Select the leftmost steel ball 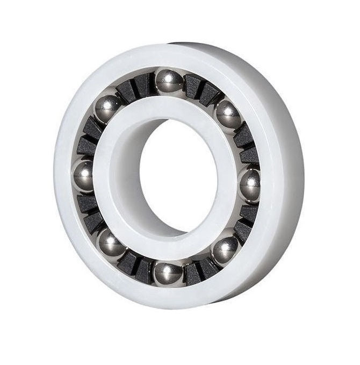point(83,175)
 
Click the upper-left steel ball point(108,108)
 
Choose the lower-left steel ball point(112,245)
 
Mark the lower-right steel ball point(225,248)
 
